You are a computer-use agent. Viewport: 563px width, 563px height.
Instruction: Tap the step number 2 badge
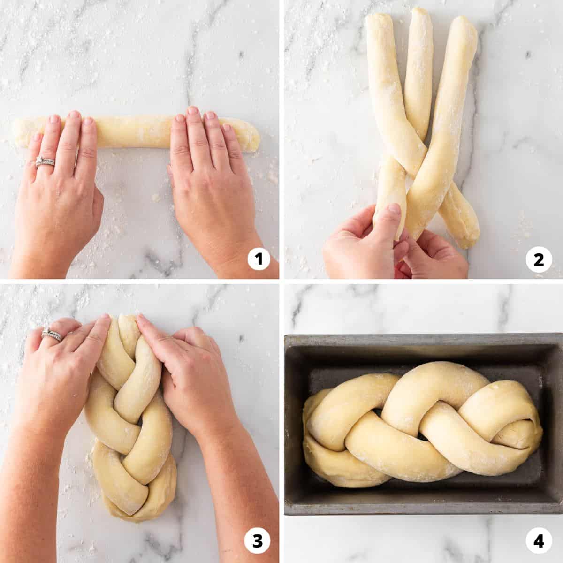539,260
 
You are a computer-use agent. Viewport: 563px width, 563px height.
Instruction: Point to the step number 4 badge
539,533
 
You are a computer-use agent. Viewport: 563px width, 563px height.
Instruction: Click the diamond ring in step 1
44,161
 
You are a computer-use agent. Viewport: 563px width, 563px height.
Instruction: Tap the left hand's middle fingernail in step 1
75,114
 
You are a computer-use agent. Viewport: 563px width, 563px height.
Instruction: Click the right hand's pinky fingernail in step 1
226,128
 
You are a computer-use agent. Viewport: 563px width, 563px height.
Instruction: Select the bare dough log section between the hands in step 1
134,131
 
